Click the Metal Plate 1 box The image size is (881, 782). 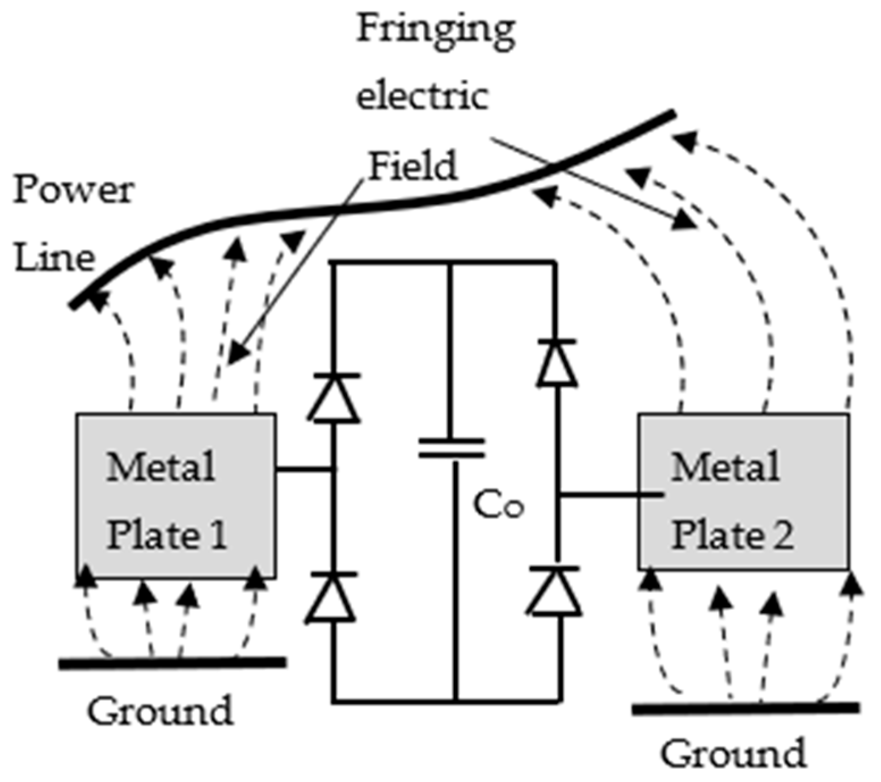pos(176,496)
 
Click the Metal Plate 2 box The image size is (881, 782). pos(743,492)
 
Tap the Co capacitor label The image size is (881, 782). pos(498,504)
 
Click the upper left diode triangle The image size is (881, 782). pos(334,399)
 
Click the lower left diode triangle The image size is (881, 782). pos(331,599)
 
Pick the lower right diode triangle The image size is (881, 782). pos(555,592)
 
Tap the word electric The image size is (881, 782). pos(422,97)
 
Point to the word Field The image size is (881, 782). pos(412,166)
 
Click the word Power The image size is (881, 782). pos(74,190)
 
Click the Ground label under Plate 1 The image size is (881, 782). pos(160,710)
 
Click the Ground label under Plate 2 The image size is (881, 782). pos(733,754)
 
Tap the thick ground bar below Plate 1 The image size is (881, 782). pos(172,663)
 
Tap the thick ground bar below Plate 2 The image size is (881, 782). pos(745,708)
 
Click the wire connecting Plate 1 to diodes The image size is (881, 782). pos(304,469)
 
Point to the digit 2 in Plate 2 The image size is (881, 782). pos(781,535)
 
